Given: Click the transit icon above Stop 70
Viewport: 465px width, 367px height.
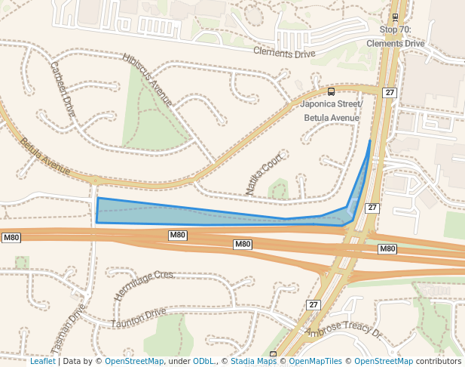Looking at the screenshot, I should (x=396, y=17).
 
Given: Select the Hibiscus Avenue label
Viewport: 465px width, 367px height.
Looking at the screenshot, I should (x=148, y=79).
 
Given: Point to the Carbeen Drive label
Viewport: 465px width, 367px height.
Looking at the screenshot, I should (x=63, y=88).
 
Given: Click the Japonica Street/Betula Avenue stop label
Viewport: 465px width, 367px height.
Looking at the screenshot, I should (x=332, y=111).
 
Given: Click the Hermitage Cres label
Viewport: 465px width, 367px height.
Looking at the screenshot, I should (x=143, y=285).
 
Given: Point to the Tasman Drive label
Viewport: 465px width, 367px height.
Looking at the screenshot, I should (x=68, y=330).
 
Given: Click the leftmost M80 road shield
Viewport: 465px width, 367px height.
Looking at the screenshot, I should (x=11, y=238).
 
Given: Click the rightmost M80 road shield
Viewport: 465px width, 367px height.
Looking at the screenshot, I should (x=387, y=248).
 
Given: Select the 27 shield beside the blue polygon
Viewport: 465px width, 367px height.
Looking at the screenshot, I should (x=372, y=208).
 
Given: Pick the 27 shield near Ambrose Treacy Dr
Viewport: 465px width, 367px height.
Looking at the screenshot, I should (x=314, y=304).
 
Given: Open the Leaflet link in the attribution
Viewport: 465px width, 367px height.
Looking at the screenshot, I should (x=43, y=362).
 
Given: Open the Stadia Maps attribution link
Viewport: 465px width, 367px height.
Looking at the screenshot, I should (x=253, y=362).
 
